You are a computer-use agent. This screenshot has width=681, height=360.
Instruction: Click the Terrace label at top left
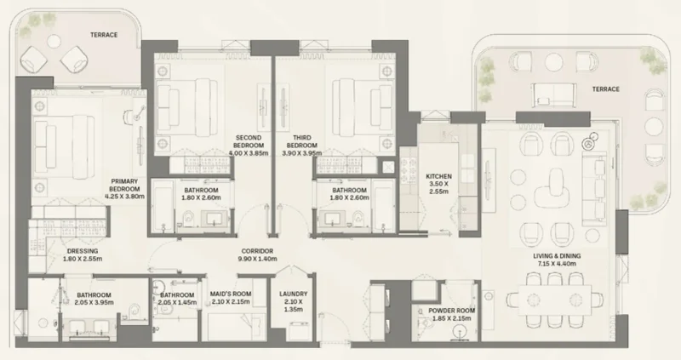pyautogui.click(x=103, y=34)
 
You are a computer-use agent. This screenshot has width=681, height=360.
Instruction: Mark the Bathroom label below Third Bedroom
pyautogui.click(x=349, y=193)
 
